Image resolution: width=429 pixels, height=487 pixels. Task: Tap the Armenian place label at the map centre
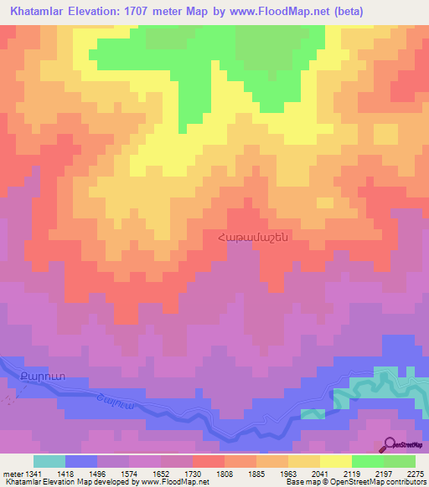click(x=253, y=237)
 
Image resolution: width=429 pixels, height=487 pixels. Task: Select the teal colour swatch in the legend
click(x=49, y=461)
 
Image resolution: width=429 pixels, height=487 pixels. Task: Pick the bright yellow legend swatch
click(x=336, y=461)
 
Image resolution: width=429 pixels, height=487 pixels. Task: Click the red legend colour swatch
click(x=209, y=461)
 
